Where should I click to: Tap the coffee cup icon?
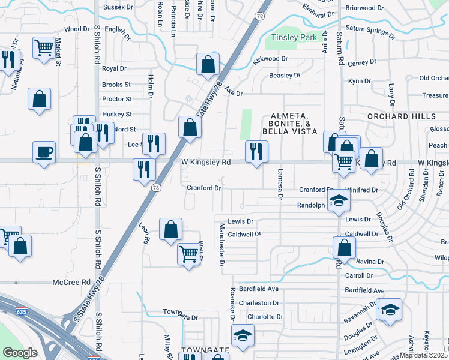point(43,151)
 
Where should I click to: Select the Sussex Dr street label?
point(118,7)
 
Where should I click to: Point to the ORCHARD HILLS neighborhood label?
point(403,116)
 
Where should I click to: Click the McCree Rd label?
point(71,282)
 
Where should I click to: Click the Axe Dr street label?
point(234,93)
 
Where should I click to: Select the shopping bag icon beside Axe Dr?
point(207,65)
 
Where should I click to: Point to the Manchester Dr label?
point(221,245)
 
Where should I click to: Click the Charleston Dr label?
point(259,303)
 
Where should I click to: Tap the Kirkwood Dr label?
point(271,59)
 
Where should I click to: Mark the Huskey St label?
point(117,114)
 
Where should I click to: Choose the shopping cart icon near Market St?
point(44,47)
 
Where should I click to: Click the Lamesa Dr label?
point(280,182)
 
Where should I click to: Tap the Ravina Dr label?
point(370,262)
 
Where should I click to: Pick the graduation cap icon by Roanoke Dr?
point(243,335)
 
